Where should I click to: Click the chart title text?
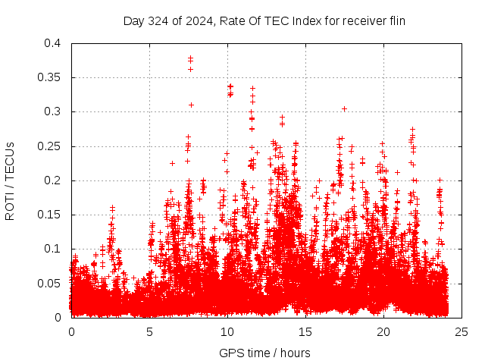pyautogui.click(x=264, y=21)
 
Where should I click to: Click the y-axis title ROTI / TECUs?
pyautogui.click(x=10, y=180)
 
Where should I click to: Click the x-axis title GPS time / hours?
pyautogui.click(x=264, y=353)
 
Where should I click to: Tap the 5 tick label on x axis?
pyautogui.click(x=149, y=331)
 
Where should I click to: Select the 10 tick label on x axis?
pyautogui.click(x=227, y=331)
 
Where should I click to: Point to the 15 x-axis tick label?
pyautogui.click(x=305, y=331)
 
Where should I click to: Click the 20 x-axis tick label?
pyautogui.click(x=383, y=331)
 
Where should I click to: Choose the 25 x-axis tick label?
pyautogui.click(x=462, y=331)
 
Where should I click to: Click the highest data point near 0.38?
pyautogui.click(x=190, y=57)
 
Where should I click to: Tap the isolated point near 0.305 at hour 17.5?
pyautogui.click(x=344, y=108)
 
